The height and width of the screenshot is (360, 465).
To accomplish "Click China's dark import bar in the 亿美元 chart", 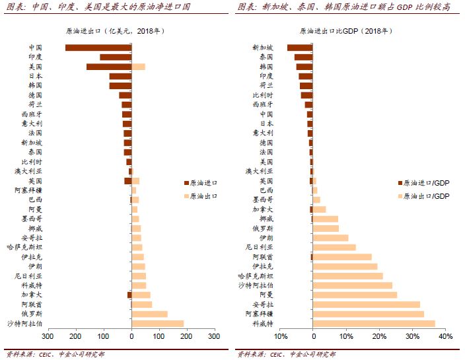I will click(98, 48).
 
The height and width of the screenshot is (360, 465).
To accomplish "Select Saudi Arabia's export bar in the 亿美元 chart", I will click(157, 324).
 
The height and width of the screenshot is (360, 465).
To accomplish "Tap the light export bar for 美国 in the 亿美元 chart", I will click(138, 67).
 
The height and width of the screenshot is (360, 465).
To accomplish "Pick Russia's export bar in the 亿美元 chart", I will click(149, 314).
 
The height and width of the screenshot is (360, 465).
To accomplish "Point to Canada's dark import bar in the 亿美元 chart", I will click(129, 295).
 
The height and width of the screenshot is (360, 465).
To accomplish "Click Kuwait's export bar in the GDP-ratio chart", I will click(373, 324).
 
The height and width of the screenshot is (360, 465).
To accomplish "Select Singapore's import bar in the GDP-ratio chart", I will click(299, 48).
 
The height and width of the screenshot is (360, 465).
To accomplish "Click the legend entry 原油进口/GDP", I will click(426, 183).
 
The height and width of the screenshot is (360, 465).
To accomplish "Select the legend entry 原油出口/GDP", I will click(426, 196).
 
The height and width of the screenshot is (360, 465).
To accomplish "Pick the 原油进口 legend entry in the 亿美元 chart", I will click(203, 183).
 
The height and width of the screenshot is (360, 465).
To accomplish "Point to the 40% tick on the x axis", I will click(445, 337).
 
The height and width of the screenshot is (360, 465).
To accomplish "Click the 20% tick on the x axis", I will click(379, 337).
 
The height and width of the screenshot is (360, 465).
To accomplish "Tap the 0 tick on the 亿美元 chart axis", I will click(131, 337).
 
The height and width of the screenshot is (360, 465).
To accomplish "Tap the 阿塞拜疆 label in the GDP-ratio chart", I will click(262, 314).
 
